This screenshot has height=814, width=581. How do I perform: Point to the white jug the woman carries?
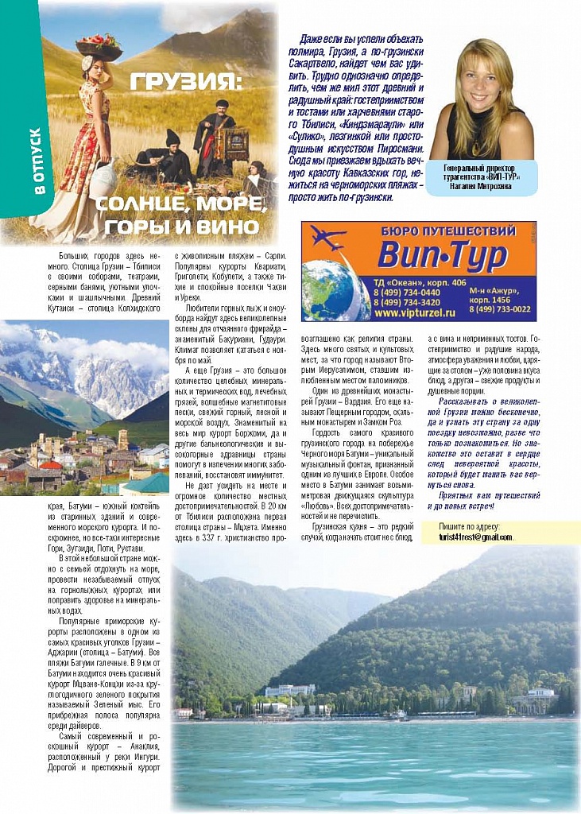point(103,178)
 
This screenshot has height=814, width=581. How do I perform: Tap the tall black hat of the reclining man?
point(172,138)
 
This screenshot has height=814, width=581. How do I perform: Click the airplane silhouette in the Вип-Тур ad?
point(328,237)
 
